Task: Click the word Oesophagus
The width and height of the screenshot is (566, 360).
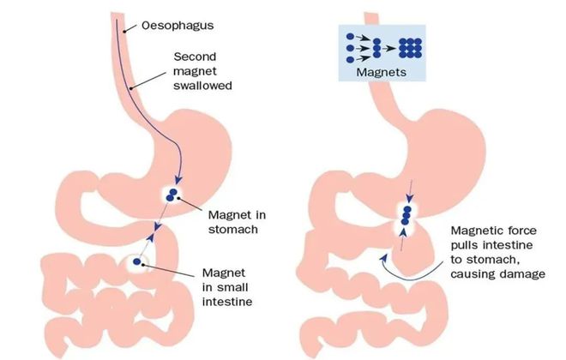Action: pos(178,26)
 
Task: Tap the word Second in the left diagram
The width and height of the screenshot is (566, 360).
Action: pos(195,57)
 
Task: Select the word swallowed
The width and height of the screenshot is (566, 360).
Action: pos(202,86)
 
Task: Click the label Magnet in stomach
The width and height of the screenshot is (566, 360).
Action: pos(237,222)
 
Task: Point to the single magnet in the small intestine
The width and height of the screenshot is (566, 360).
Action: pos(137,262)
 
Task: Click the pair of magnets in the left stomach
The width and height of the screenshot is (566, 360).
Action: pos(172,195)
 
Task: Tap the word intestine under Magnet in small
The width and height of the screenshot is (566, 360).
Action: pos(227,302)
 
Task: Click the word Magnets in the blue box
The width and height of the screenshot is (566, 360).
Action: pos(381,72)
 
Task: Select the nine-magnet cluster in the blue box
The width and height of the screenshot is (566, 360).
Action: pos(410,48)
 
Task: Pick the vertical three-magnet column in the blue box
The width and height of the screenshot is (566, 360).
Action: pos(376,48)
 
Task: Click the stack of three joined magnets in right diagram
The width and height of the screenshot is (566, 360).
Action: pos(406,215)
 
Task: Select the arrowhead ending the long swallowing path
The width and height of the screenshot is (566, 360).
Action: pos(178,179)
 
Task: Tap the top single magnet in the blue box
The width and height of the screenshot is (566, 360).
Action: pos(350,37)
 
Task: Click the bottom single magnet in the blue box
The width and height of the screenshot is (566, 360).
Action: pos(350,59)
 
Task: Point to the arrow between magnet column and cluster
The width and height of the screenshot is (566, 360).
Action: pos(389,48)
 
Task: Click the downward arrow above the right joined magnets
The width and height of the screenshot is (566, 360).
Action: pos(410,191)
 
